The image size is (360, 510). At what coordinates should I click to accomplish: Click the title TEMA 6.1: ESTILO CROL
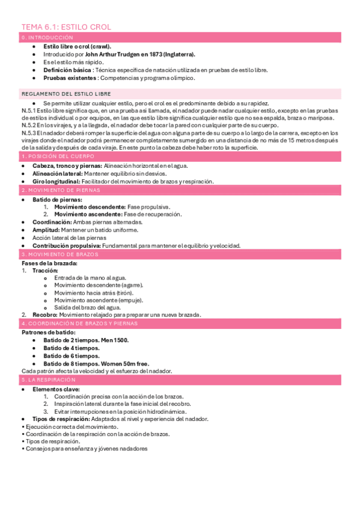pyautogui.click(x=66, y=27)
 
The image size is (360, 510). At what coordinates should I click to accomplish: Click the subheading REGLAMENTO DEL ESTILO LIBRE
pyautogui.click(x=66, y=94)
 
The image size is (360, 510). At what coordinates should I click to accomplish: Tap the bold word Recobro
pyautogui.click(x=44, y=315)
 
